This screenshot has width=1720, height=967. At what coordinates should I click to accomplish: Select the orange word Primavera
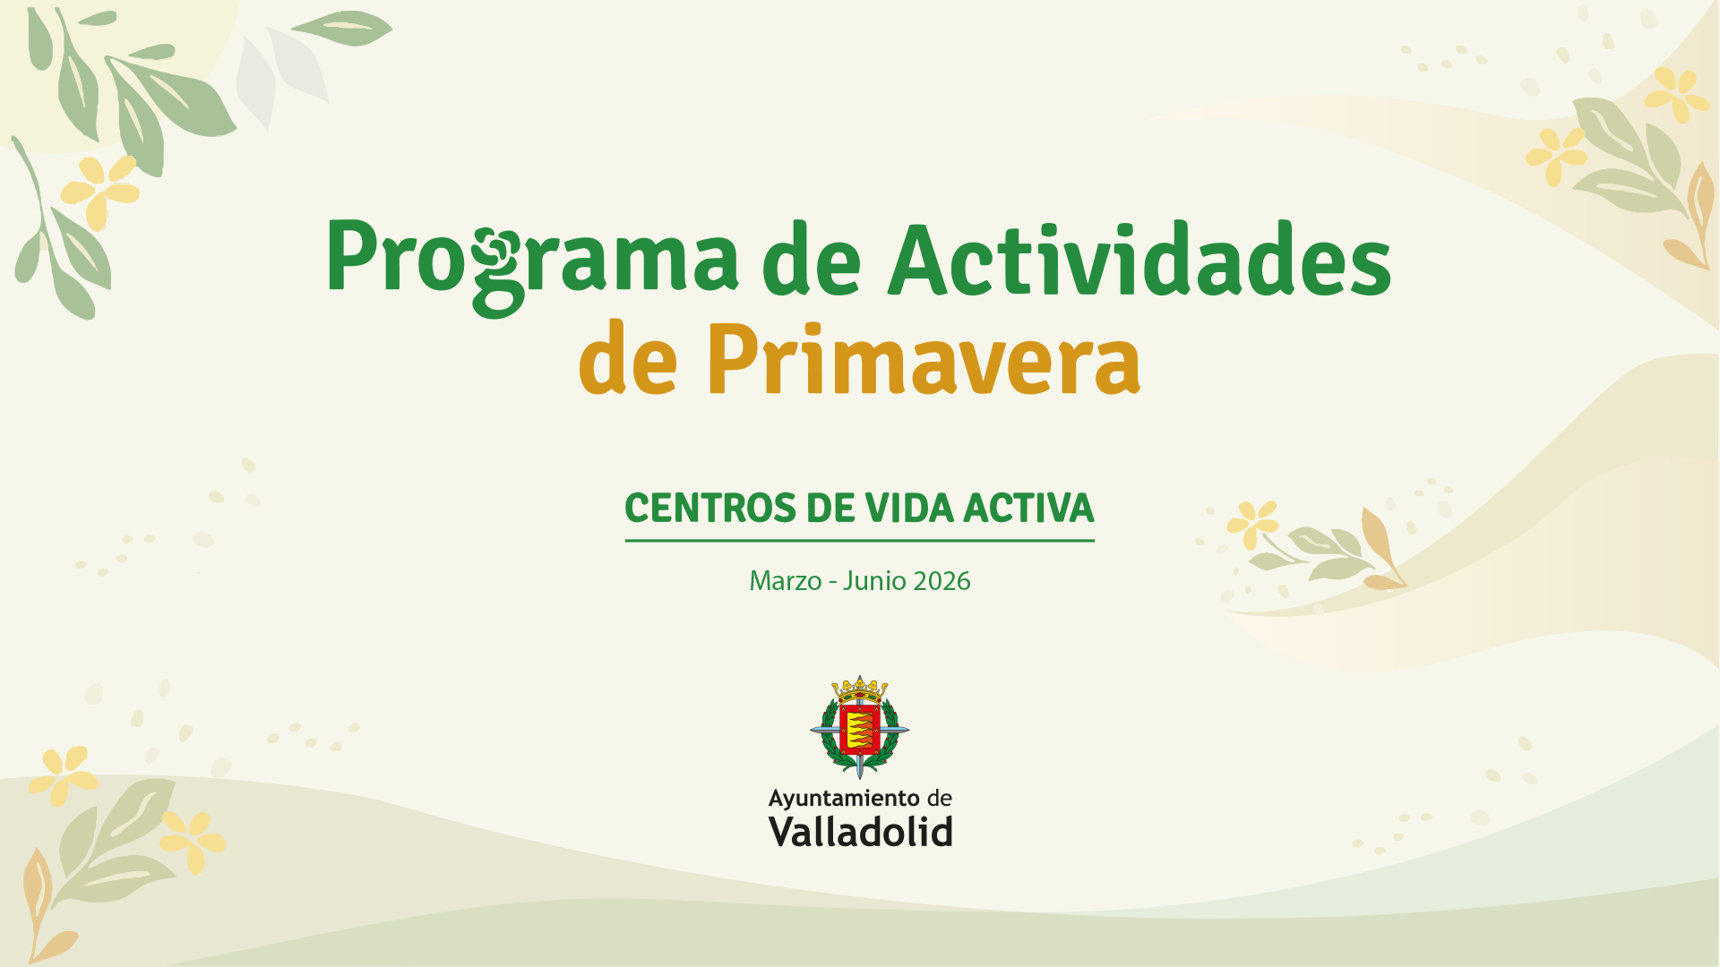(x=924, y=357)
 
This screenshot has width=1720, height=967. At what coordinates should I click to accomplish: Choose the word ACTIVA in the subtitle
(x=1028, y=508)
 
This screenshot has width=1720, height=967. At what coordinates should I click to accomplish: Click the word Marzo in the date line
(x=785, y=581)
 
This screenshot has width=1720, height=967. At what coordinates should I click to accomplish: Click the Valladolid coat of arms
(x=860, y=726)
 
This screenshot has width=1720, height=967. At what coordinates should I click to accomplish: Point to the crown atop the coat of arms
(x=860, y=689)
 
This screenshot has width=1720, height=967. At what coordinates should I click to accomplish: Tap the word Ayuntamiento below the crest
(x=844, y=799)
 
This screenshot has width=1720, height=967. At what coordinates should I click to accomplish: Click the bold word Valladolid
(x=860, y=832)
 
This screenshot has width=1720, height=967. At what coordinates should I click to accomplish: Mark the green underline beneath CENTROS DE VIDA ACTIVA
(x=860, y=541)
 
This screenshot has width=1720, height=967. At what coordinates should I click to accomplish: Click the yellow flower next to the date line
(x=1251, y=524)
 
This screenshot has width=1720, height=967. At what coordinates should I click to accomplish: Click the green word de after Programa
(x=812, y=260)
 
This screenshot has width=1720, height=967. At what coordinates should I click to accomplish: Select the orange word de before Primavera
(x=628, y=357)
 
